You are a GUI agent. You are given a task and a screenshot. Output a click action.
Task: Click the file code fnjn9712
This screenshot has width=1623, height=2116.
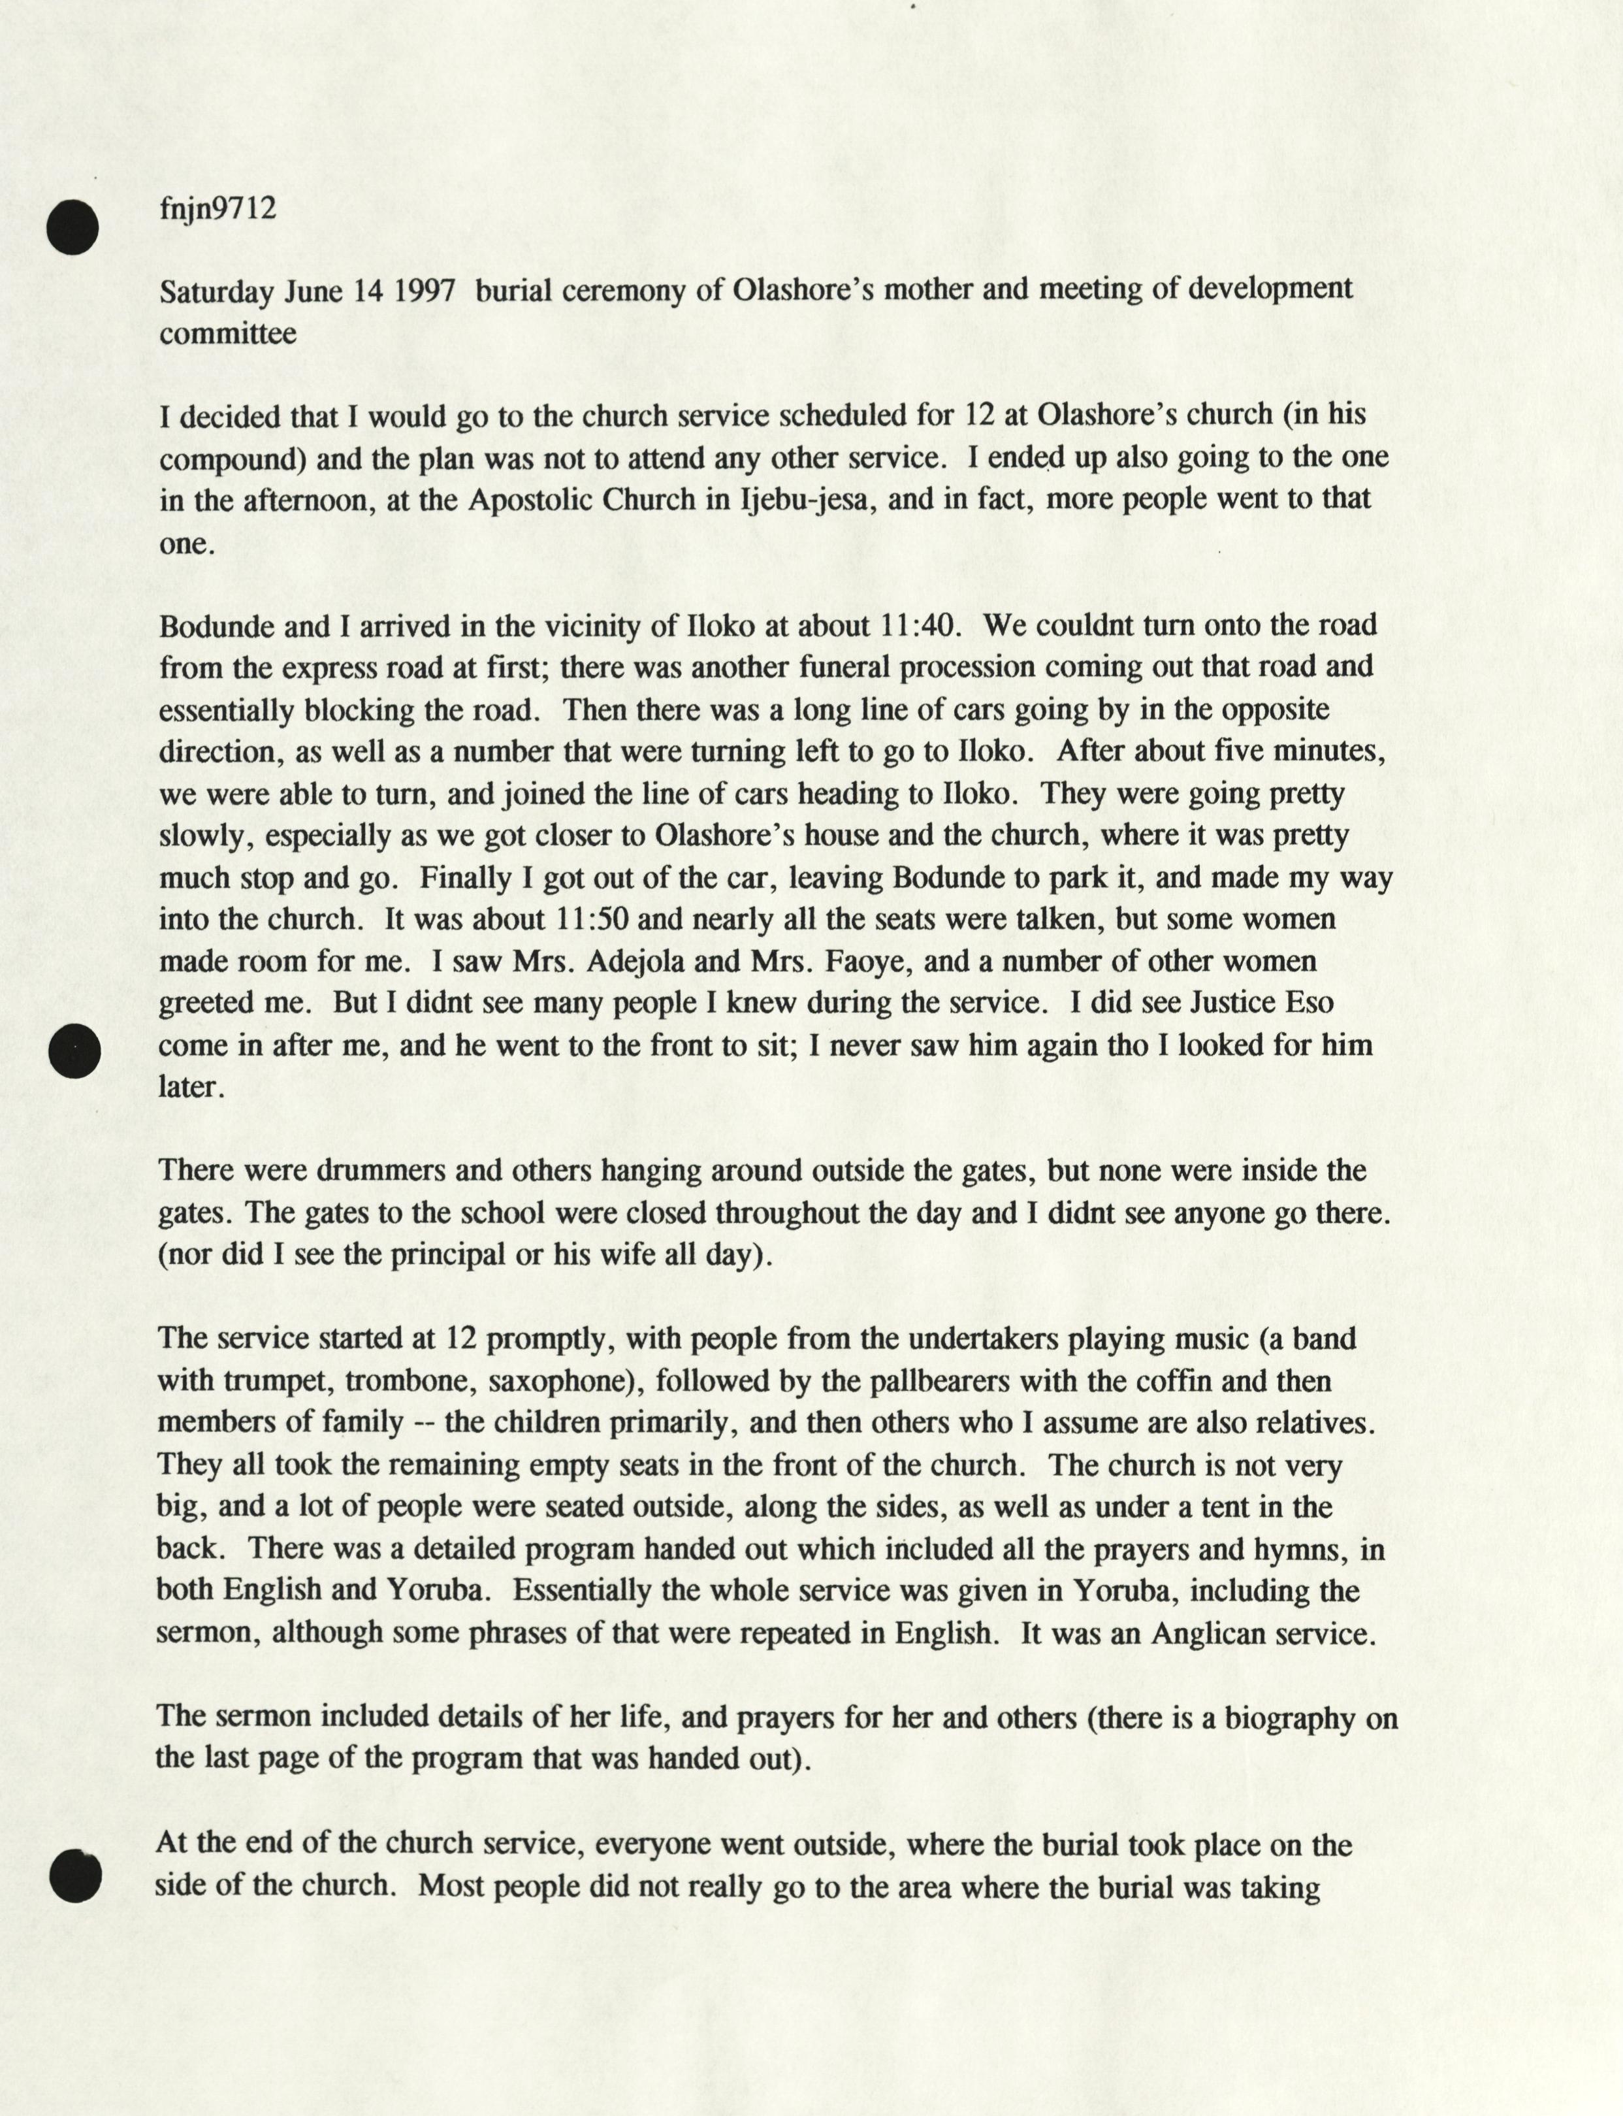[x=217, y=208]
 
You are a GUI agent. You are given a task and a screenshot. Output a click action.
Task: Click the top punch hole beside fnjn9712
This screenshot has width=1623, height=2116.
[x=72, y=228]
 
